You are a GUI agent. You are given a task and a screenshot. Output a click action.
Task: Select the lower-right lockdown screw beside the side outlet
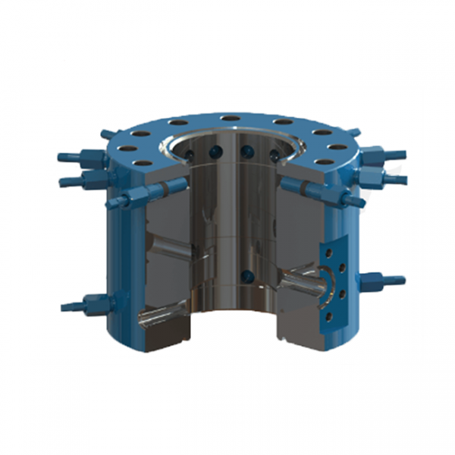click(x=379, y=281)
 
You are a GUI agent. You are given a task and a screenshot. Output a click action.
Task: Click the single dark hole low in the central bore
click(x=245, y=275)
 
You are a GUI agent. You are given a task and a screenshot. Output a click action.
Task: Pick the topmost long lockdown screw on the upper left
click(x=80, y=158)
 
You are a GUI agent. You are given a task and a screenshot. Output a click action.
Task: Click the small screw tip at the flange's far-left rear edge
click(x=107, y=134)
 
